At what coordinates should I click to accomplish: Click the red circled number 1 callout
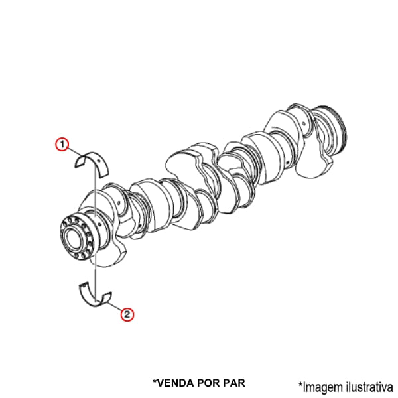pos(62,145)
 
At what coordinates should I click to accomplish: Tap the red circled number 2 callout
pos(127,314)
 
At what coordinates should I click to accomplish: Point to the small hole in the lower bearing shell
pos(84,287)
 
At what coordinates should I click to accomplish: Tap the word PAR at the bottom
pos(234,383)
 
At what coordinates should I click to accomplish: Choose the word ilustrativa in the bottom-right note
pos(369,387)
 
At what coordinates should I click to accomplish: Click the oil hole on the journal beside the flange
pos(100,224)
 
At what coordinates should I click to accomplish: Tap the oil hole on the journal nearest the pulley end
pos(304,124)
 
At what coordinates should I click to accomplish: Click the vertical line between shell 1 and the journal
pos(95,191)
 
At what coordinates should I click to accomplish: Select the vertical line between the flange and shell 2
pos(96,279)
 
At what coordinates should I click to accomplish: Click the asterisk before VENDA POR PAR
pos(155,381)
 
